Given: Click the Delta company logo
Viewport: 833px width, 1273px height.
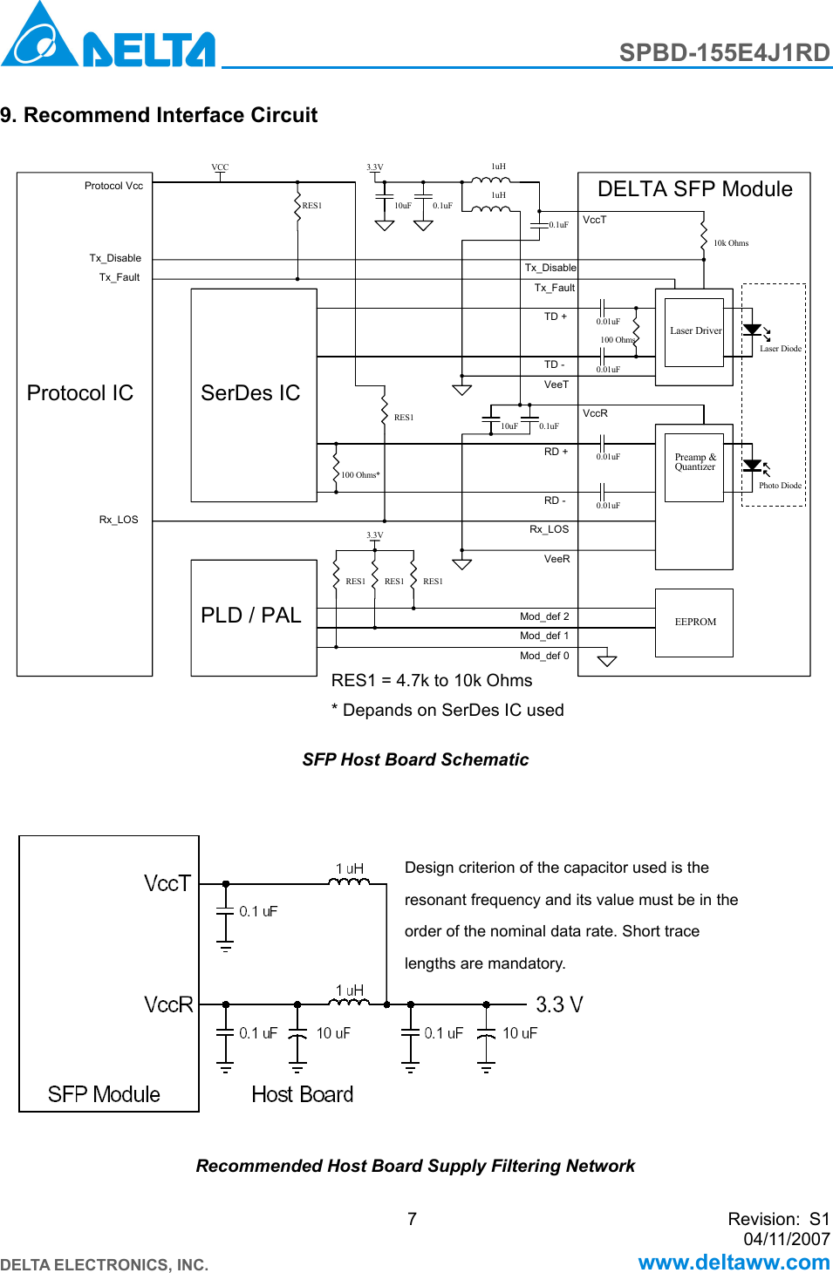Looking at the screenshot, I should coord(107,37).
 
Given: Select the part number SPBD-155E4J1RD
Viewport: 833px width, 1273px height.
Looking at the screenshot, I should coord(724,52).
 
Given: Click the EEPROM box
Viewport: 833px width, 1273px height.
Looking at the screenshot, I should coord(694,623).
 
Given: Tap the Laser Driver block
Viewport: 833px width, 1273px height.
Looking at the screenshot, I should coord(695,331).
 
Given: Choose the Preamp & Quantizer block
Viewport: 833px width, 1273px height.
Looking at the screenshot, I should coord(694,463).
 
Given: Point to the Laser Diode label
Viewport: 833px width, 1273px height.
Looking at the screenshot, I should coord(780,349).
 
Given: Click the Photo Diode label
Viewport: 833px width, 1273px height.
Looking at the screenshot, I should coord(779,486).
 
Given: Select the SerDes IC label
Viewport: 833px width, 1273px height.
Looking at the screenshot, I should coord(250,393).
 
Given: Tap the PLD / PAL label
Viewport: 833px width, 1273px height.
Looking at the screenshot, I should coord(251,616).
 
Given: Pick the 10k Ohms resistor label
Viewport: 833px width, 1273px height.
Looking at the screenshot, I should coord(731,243).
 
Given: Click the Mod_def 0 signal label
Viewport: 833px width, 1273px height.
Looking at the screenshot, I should coord(544,656).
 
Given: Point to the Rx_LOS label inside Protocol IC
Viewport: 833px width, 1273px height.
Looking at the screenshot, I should coord(119,520).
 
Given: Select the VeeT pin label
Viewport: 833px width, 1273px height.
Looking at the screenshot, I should coord(556,385).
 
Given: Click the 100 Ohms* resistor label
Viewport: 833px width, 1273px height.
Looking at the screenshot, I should coord(360,475).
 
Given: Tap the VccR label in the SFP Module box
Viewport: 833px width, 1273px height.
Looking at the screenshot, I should coord(168,1004).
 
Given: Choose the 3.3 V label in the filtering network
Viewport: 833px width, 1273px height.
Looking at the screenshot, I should coord(559,1004).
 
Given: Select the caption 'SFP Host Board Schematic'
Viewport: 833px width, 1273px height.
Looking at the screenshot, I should coord(415,759).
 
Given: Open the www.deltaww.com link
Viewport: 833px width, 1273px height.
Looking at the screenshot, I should coord(734,1262).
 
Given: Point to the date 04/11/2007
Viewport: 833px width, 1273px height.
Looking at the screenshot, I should coord(786,1239).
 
